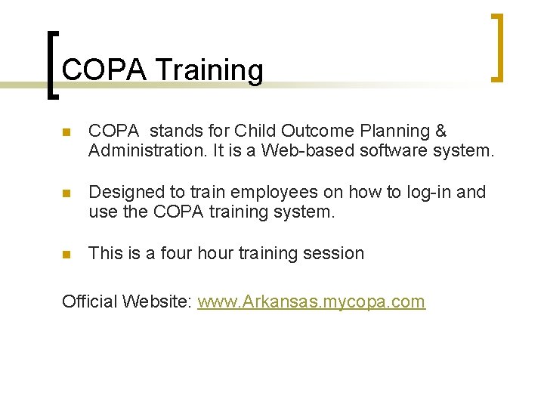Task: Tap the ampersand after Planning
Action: pyautogui.click(x=440, y=131)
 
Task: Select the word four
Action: pyautogui.click(x=178, y=254)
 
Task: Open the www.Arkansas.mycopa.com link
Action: pyautogui.click(x=311, y=302)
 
